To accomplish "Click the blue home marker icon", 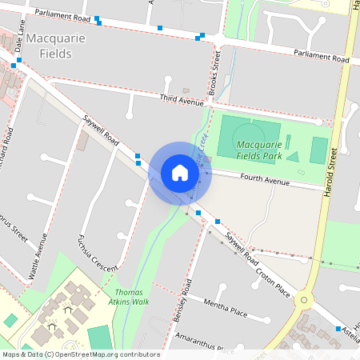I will click(180, 173).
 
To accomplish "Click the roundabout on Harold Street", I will click(303, 302).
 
